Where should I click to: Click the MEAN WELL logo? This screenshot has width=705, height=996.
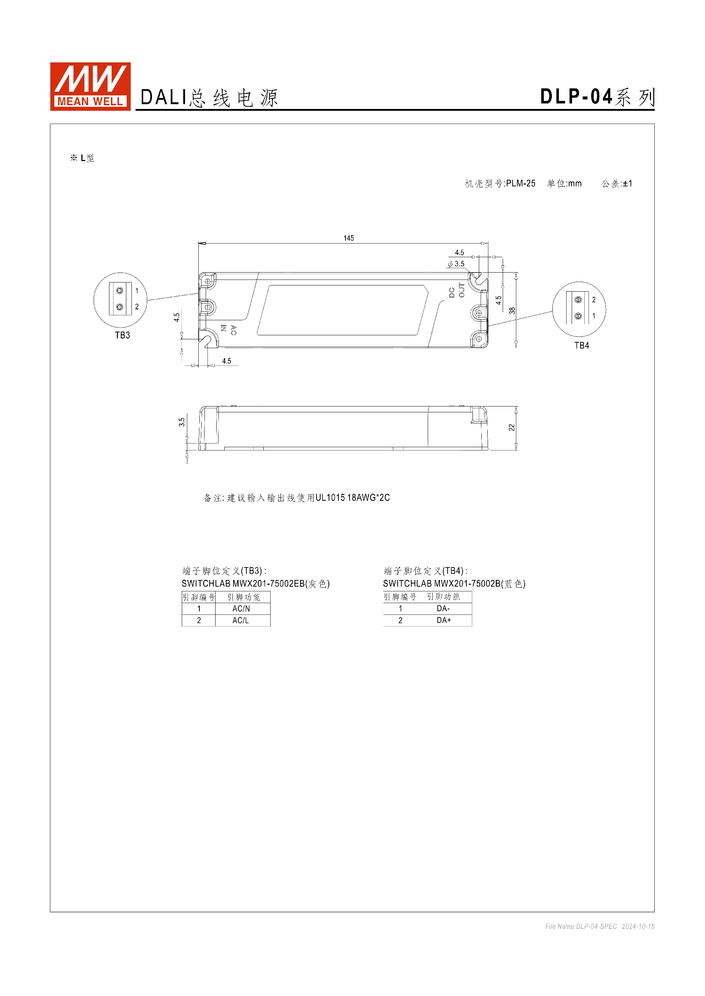tap(90, 86)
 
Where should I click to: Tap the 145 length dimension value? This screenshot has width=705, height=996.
tap(348, 238)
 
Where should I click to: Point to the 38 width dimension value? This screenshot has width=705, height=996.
tap(512, 311)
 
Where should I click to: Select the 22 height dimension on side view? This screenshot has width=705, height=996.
tap(511, 428)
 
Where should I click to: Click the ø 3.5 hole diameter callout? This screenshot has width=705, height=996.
tap(456, 264)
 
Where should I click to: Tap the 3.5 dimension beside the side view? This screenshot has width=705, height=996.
tap(182, 422)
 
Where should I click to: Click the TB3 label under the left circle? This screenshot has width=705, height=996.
tap(122, 335)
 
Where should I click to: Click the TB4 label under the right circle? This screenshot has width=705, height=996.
tap(581, 345)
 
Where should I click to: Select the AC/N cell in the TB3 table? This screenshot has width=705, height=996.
tap(241, 609)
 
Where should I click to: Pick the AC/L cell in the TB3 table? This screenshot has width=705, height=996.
tap(241, 620)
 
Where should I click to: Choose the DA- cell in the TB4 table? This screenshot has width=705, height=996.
tap(443, 609)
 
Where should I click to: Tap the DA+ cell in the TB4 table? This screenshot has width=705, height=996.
tap(444, 620)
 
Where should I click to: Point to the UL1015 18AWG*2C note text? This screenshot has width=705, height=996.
tap(352, 497)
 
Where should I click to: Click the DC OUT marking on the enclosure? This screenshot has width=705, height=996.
tap(457, 292)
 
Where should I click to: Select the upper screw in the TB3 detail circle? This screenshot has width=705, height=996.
tap(120, 291)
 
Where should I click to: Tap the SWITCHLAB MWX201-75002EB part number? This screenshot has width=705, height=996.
tap(243, 583)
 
